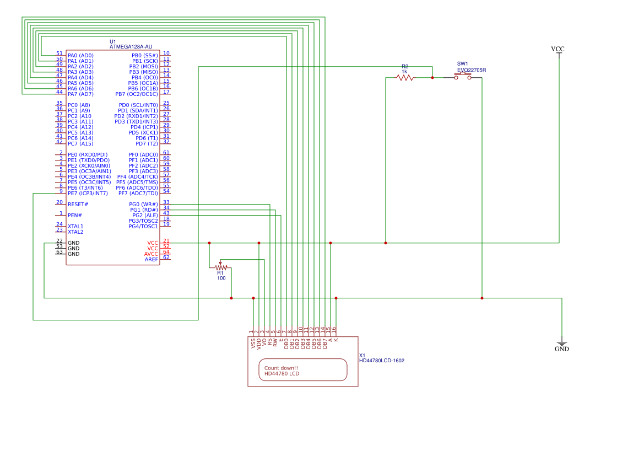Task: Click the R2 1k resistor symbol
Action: [405, 77]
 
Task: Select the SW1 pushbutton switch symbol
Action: [462, 77]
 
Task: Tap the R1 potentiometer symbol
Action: [220, 267]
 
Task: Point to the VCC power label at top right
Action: [558, 49]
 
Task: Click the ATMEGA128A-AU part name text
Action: [131, 47]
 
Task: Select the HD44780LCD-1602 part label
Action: [382, 361]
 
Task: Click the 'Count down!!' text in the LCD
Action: [282, 368]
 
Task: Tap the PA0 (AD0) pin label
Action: [80, 56]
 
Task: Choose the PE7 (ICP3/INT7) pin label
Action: [88, 193]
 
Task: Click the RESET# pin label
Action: [78, 205]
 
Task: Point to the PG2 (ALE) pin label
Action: [145, 216]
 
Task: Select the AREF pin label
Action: [151, 260]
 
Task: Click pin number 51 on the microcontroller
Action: [59, 53]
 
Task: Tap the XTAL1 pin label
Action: [75, 227]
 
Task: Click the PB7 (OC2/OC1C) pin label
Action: [137, 94]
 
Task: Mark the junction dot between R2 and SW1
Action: [432, 77]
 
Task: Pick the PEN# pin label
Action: [75, 216]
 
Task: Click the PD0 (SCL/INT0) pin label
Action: [138, 105]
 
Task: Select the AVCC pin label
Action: [151, 254]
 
